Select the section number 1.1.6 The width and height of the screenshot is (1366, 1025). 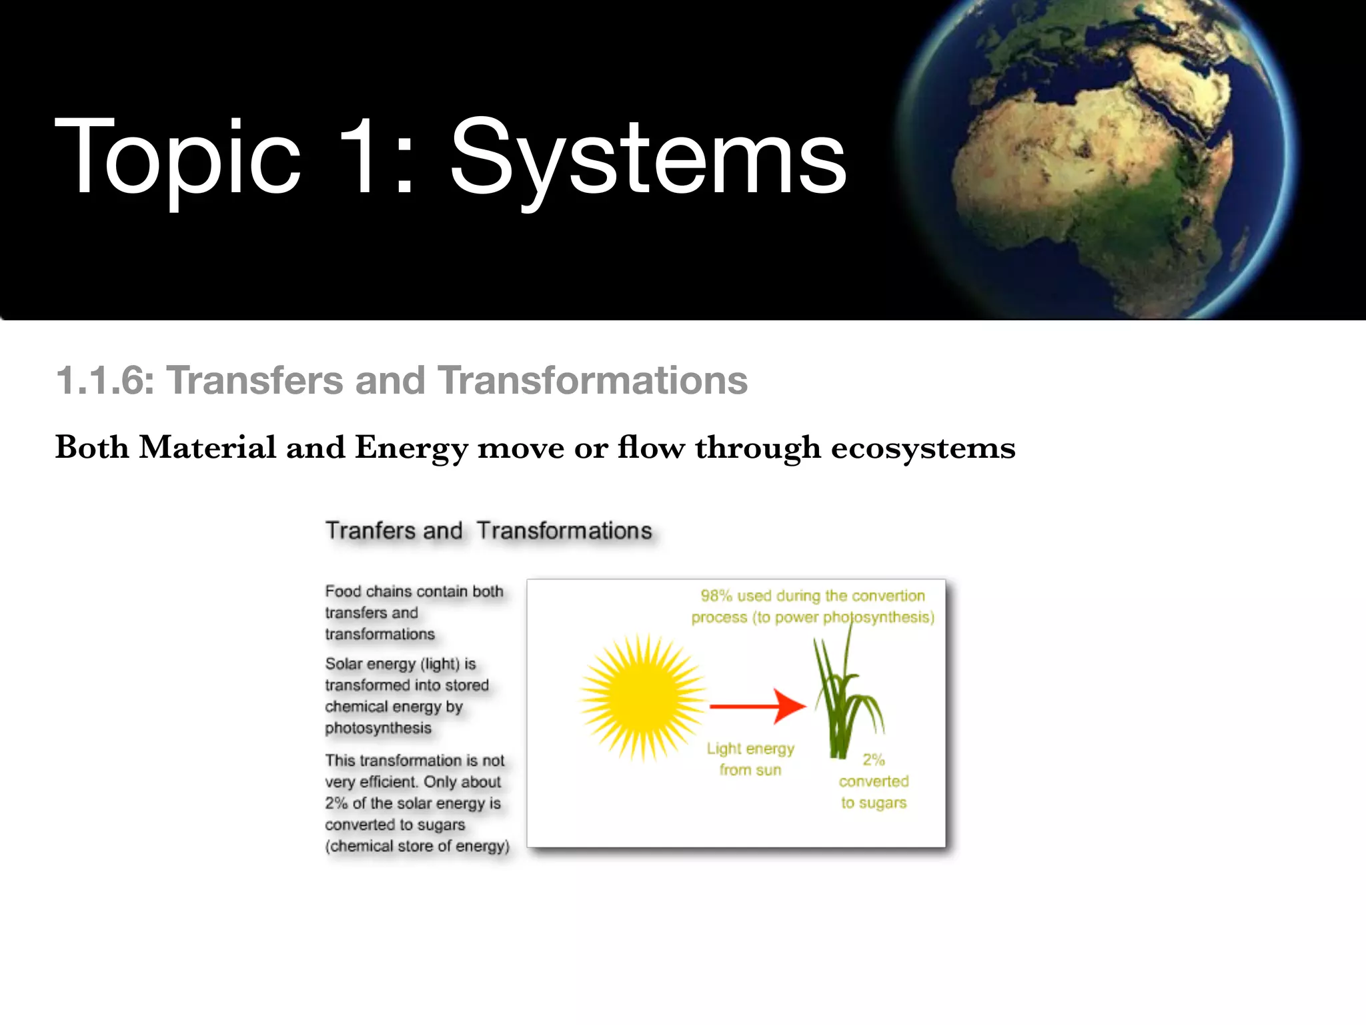coord(105,381)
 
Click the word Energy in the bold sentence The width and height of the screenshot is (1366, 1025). coord(411,448)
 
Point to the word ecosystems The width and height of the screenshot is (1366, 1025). coord(922,448)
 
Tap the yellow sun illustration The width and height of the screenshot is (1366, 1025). coord(643,698)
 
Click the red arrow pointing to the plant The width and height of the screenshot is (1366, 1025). coord(757,705)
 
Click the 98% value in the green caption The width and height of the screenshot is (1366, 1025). coord(716,595)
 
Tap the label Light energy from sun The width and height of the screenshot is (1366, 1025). coord(750,759)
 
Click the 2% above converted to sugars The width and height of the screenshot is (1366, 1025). coord(873,759)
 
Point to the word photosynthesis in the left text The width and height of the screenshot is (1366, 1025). coord(378,728)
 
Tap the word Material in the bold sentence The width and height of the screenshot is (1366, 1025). coord(207,448)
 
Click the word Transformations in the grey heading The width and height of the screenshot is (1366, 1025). coord(592,381)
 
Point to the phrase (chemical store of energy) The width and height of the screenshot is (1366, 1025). coord(417,846)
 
